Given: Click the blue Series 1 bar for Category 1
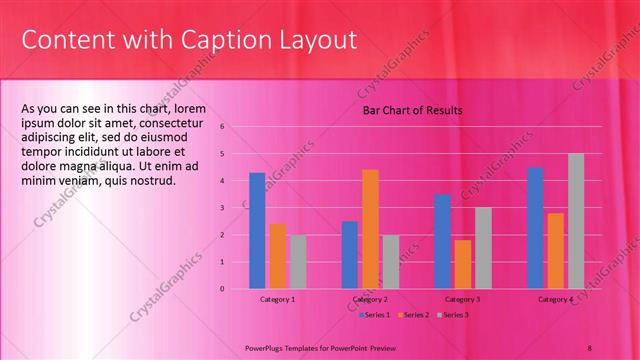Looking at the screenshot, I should pos(257,231).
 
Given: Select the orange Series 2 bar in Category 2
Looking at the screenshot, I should pos(370,229).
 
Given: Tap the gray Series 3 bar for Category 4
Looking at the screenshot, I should pos(576,221).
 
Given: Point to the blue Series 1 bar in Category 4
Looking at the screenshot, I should pos(535,228).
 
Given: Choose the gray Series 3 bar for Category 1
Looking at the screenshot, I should pos(298,262).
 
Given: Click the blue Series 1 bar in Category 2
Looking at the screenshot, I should pos(349,255).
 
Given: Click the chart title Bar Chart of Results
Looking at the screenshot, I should pos(412,110).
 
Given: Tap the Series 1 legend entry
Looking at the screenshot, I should pos(374,315).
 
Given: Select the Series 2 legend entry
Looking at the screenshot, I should pos(414,315).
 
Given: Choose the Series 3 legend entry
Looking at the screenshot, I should pos(454,315).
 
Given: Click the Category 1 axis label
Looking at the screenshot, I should pos(277,300).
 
